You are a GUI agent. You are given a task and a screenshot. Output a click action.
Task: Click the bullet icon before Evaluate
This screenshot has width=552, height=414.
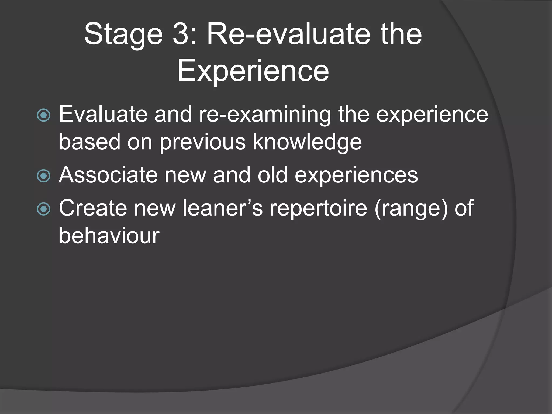pyautogui.click(x=43, y=115)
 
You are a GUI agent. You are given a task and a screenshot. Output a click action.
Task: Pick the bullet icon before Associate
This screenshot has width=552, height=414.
pyautogui.click(x=43, y=176)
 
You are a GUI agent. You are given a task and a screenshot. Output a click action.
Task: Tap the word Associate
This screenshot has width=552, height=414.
pyautogui.click(x=108, y=175)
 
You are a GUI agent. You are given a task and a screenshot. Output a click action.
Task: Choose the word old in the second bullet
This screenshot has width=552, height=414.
pyautogui.click(x=272, y=175)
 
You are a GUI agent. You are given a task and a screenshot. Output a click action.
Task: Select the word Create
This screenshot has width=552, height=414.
pyautogui.click(x=93, y=208)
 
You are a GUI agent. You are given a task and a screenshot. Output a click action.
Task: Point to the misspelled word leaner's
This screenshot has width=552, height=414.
pyautogui.click(x=222, y=208)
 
